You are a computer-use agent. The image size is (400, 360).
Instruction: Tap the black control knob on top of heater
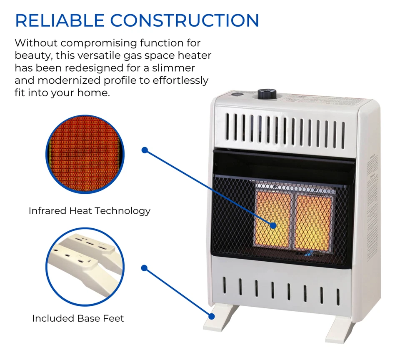(265, 94)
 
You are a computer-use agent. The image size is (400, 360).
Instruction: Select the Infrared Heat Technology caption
(90, 211)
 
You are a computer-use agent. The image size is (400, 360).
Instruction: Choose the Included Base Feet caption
(78, 319)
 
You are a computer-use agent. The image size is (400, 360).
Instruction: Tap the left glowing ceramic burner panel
(273, 217)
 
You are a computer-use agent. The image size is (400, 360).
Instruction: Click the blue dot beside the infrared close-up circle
(145, 150)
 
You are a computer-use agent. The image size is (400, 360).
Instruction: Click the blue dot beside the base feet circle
(145, 268)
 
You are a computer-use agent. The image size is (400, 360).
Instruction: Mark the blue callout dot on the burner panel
(273, 225)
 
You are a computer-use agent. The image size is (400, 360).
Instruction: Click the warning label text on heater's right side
(372, 175)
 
